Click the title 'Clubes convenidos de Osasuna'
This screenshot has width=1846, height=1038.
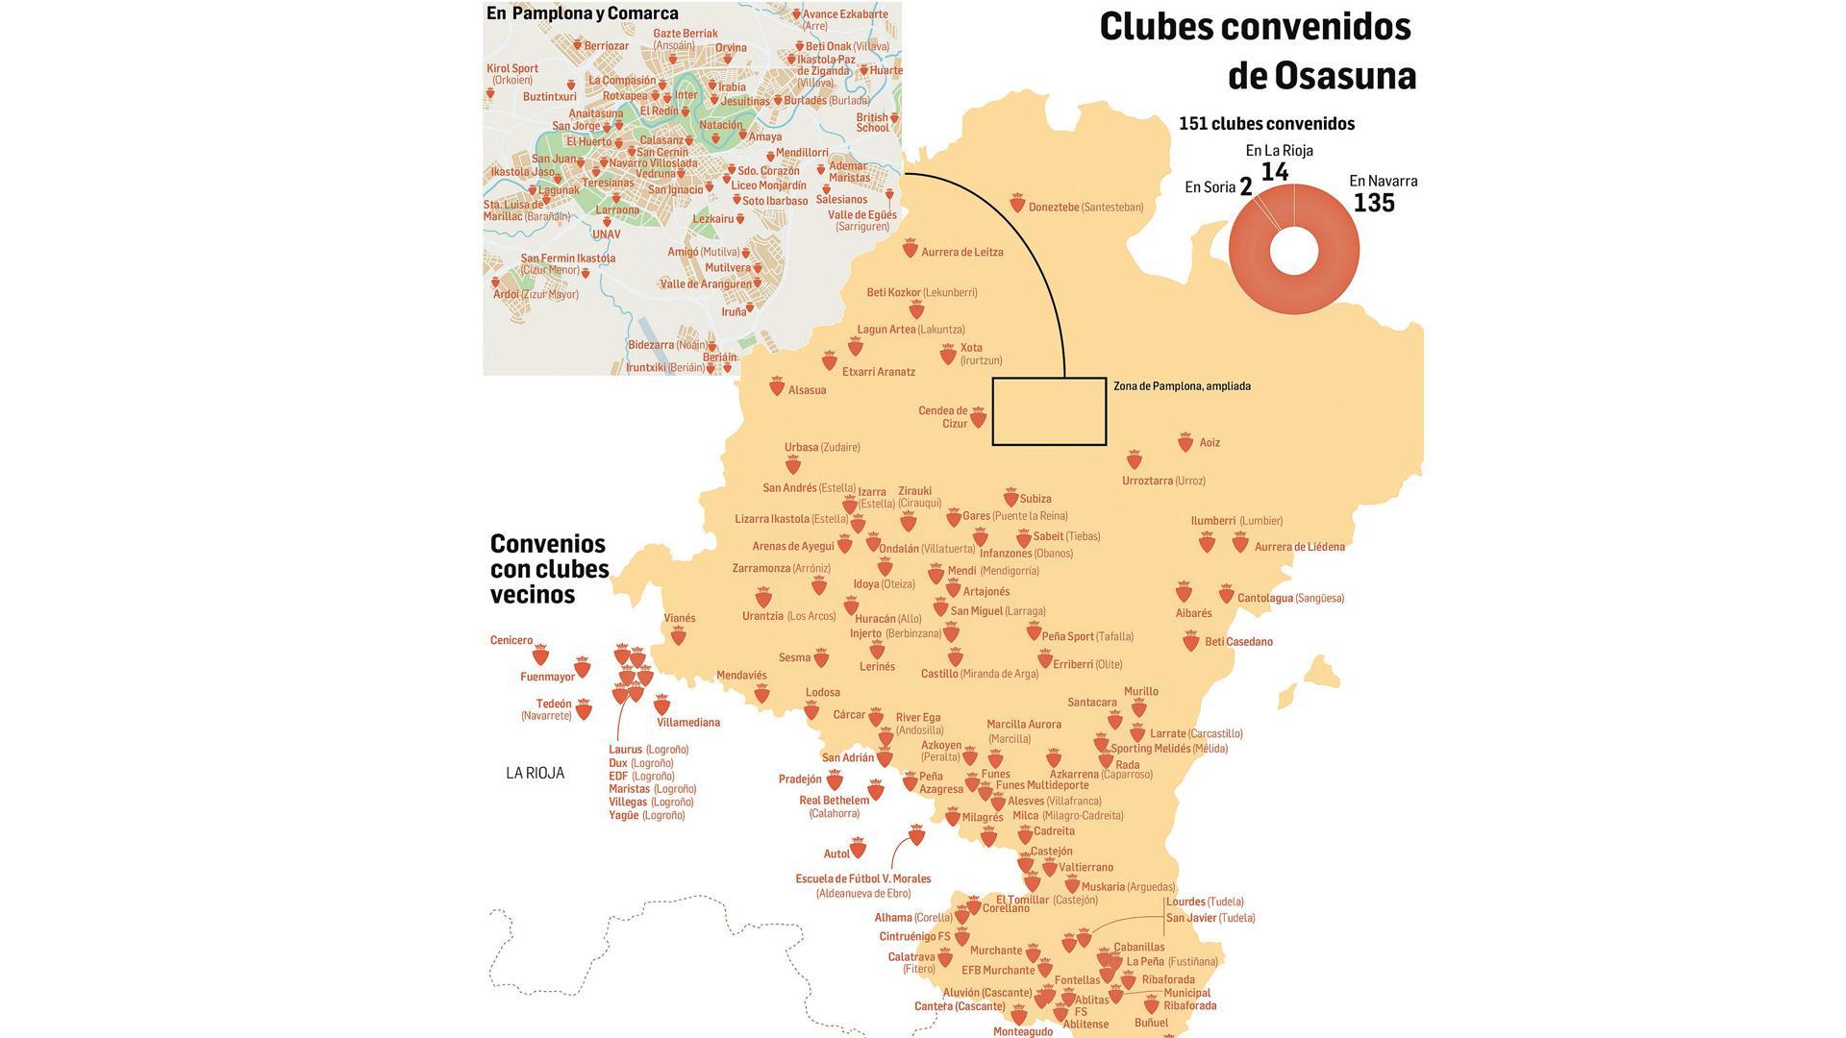[1258, 51]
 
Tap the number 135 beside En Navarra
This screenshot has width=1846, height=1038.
[1374, 203]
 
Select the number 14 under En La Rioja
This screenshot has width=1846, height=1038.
[1274, 172]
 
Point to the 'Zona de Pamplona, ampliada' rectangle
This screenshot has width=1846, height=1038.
[1049, 411]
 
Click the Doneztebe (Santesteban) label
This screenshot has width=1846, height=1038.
[1085, 207]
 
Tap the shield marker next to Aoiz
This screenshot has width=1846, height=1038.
[1185, 442]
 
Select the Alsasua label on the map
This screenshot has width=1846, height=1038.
[807, 390]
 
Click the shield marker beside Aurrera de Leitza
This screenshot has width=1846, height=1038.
[910, 250]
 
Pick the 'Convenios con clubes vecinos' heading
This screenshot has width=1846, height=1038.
[549, 569]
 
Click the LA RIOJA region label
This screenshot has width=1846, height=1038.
[535, 773]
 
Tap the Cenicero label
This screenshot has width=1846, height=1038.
[511, 640]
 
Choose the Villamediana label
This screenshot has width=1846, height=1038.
[688, 723]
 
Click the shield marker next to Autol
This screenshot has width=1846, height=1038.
[858, 848]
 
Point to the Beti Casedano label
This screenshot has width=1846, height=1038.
[1238, 641]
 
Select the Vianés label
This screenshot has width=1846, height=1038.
[680, 618]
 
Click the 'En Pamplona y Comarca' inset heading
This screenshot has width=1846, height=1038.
[582, 13]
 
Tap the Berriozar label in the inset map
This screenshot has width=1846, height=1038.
[606, 45]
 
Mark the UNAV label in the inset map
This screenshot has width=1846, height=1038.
[606, 234]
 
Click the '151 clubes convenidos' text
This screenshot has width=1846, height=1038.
[1266, 124]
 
